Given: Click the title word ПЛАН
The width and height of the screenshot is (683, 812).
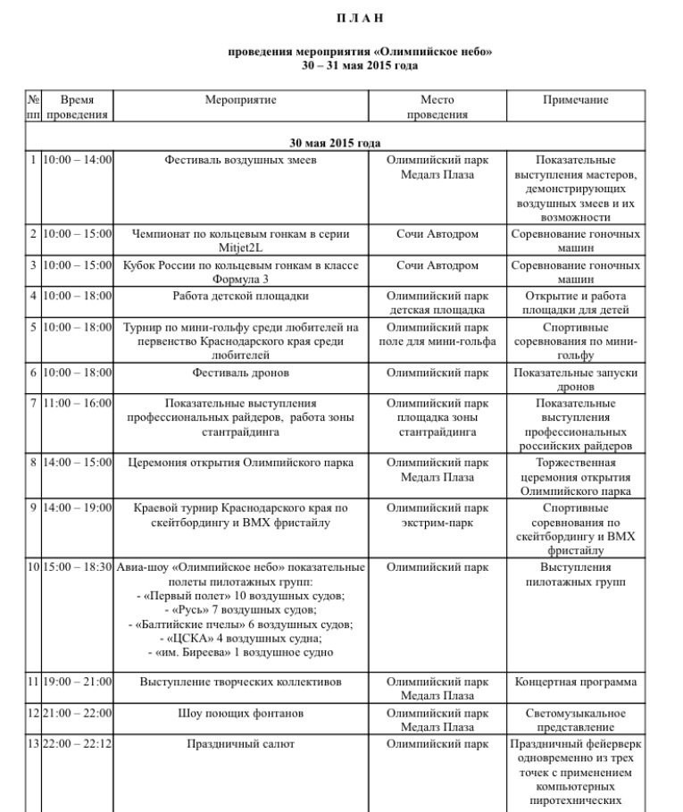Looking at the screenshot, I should [360, 18].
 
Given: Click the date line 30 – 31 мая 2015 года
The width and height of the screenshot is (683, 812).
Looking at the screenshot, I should [360, 65].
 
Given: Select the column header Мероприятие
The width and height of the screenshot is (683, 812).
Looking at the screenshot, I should [240, 100].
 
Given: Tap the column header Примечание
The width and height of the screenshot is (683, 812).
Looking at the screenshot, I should [575, 100].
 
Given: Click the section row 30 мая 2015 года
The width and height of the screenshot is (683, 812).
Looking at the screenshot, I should [335, 143].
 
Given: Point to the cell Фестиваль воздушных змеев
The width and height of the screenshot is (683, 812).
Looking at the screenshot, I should [240, 160].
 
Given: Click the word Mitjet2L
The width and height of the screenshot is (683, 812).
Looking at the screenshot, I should [241, 247].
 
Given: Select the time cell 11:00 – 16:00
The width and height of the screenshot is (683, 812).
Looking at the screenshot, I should [78, 403].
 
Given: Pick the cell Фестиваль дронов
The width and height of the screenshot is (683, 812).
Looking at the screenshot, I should [240, 373].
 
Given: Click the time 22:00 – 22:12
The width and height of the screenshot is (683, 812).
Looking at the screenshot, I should [78, 743].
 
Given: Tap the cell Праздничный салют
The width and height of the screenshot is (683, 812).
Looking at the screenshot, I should [240, 743].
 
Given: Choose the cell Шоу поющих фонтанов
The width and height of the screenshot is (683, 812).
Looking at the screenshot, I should [240, 713].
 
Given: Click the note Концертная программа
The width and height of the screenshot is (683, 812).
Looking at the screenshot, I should [576, 682].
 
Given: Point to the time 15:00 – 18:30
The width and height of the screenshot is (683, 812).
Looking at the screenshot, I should [78, 567].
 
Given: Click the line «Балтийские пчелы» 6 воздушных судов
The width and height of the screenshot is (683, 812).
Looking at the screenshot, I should [240, 624].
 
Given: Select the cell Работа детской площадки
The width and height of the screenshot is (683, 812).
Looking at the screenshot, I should [240, 296].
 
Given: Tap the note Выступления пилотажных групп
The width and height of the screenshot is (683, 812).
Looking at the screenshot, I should [576, 574].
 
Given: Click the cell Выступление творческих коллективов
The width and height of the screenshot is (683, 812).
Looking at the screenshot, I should [240, 682].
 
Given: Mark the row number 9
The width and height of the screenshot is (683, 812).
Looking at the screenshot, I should [33, 507].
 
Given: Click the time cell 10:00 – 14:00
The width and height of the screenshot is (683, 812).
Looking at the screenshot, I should [78, 160].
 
